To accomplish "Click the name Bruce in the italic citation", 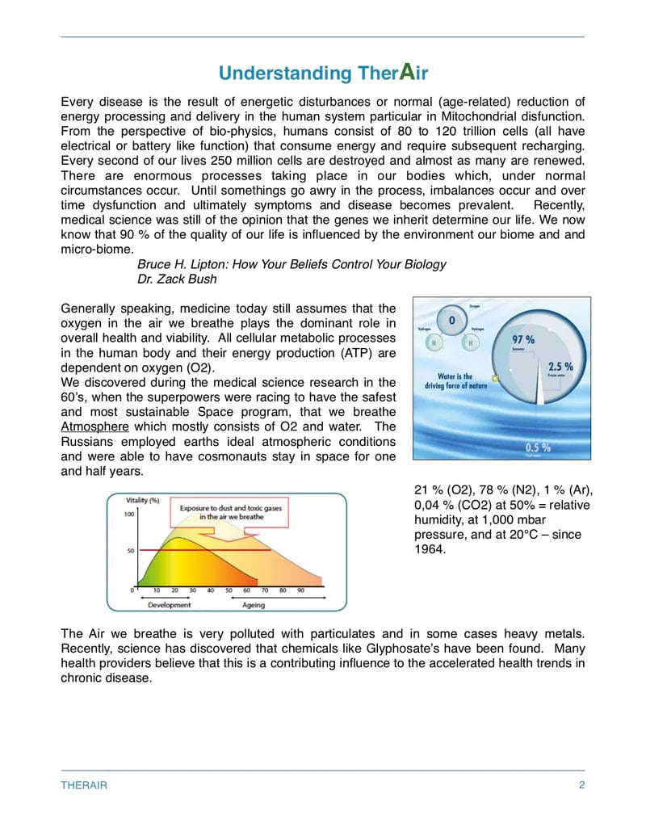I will click(x=156, y=264).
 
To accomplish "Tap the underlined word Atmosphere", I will click(x=94, y=426).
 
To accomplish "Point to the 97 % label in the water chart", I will click(x=523, y=340).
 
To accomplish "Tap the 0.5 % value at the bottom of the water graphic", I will click(x=538, y=447).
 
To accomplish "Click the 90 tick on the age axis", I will click(x=300, y=590).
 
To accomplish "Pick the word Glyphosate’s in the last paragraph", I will click(x=368, y=648).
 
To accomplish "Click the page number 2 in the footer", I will click(x=581, y=785).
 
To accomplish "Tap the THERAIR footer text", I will click(x=84, y=785).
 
